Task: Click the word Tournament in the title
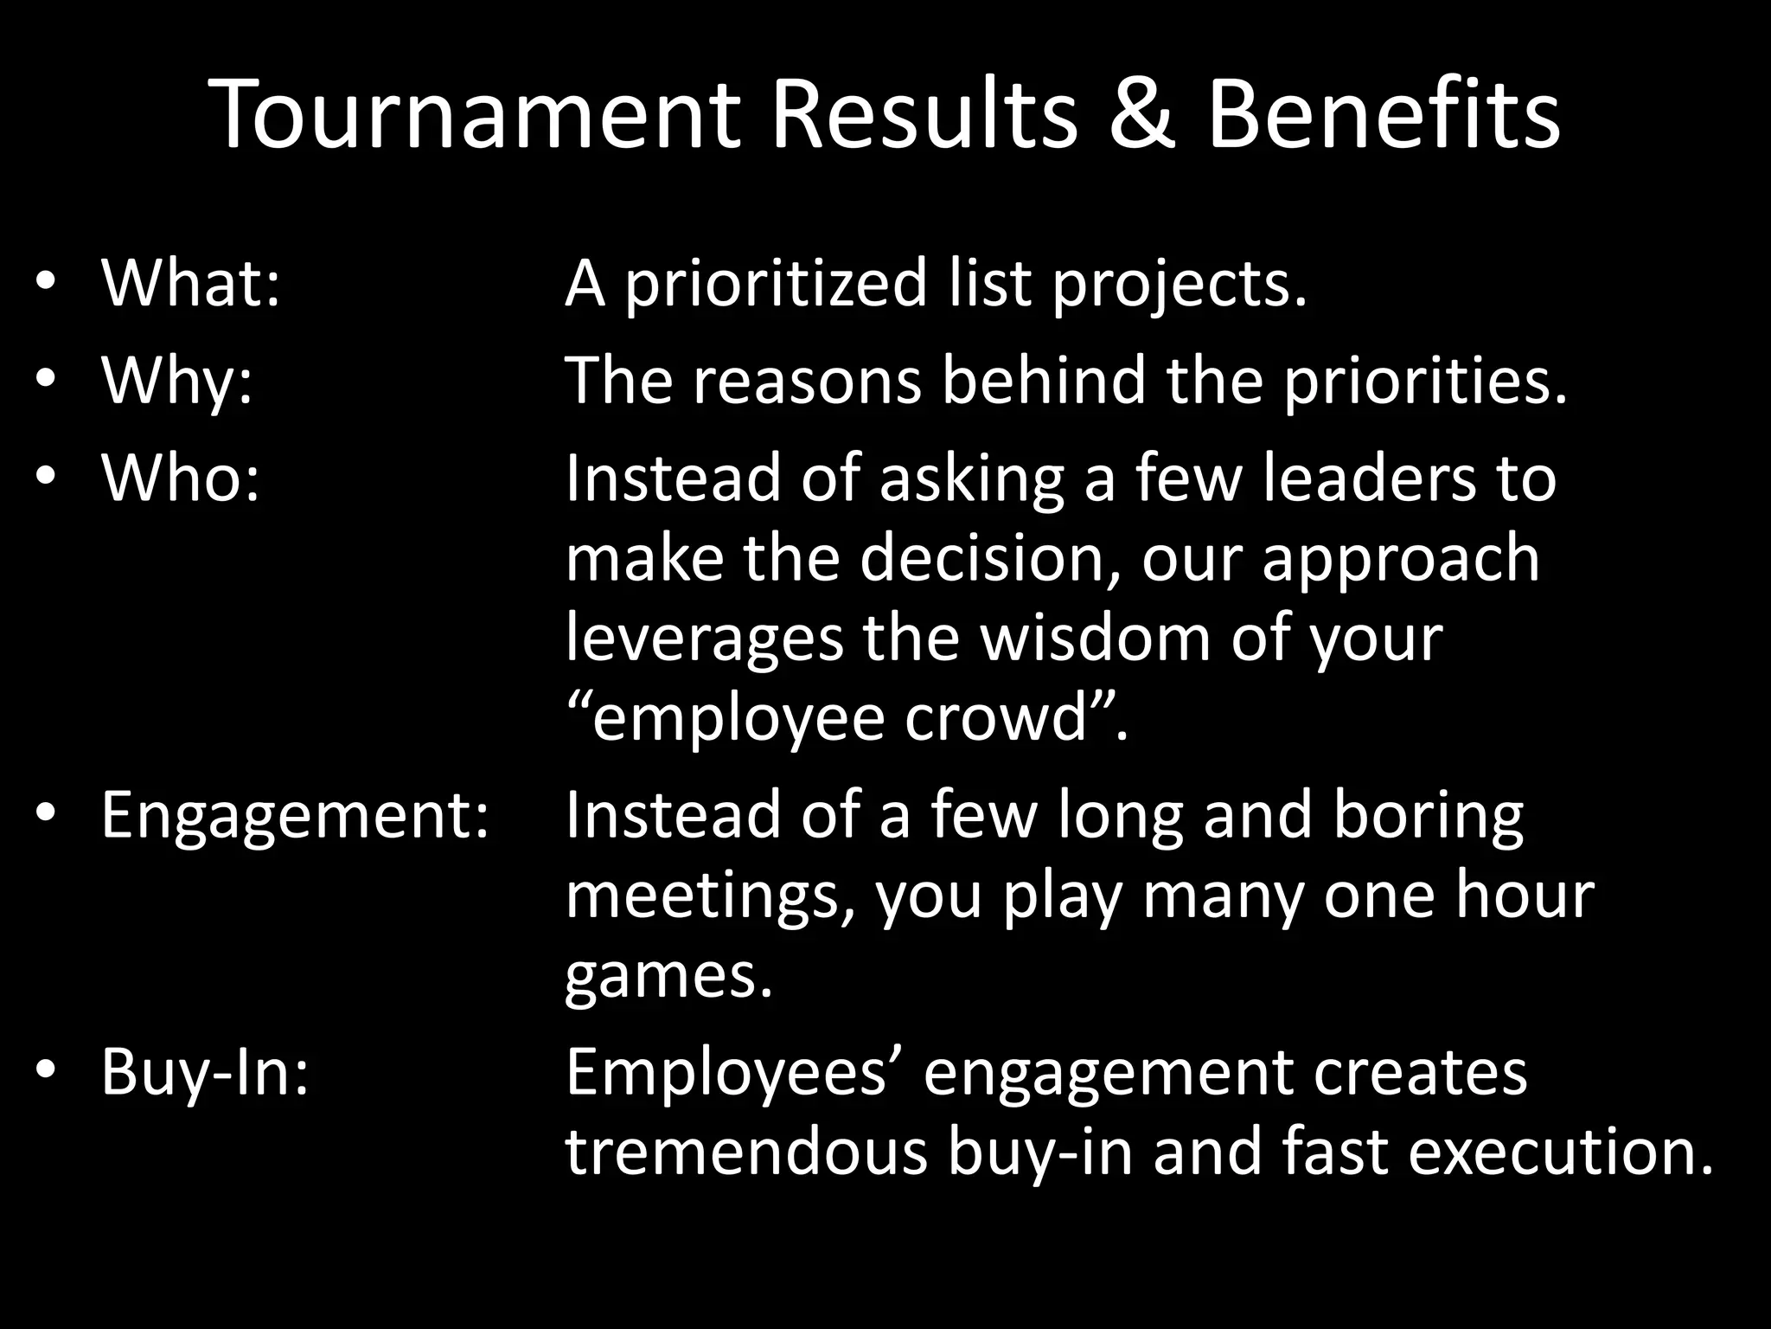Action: [x=475, y=115]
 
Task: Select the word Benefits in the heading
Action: [x=1383, y=115]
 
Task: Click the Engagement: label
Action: [x=295, y=815]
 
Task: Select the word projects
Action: [x=1179, y=286]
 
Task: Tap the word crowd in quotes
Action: [x=994, y=717]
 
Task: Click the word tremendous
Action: [x=745, y=1152]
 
